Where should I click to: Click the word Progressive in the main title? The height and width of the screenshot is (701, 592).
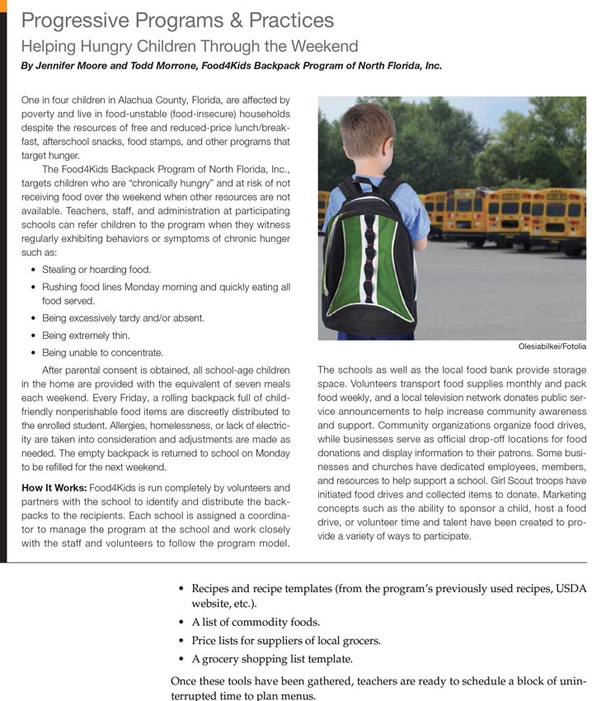[x=75, y=21]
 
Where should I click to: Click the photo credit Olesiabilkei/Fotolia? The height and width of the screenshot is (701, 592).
[x=552, y=347]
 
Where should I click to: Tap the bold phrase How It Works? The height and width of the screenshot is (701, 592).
[x=54, y=487]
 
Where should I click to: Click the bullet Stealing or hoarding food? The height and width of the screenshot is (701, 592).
[x=96, y=270]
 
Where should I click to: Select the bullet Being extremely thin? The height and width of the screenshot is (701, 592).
[x=86, y=336]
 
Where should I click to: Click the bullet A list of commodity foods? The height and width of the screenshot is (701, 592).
[x=256, y=622]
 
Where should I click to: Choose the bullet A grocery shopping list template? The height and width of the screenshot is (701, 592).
[x=272, y=659]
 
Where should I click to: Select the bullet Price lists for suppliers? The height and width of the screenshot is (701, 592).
[x=286, y=641]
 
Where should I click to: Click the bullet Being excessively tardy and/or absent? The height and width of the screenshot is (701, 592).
[x=123, y=318]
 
